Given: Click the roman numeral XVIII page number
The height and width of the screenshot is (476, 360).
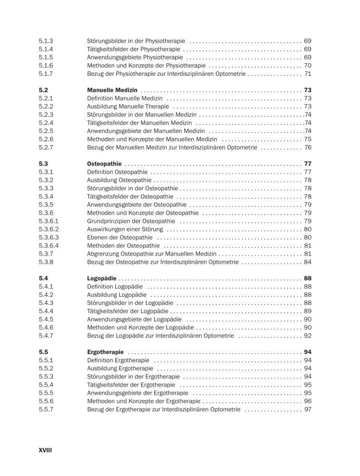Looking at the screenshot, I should [45, 449].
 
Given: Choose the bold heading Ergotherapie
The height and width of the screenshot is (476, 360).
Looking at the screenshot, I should [106, 352].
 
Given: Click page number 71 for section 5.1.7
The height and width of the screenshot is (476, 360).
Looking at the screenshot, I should [307, 74].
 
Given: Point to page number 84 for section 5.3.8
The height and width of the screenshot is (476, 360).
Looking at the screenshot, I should [307, 262].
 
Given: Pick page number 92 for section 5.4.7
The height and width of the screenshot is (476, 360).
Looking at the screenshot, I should [307, 336].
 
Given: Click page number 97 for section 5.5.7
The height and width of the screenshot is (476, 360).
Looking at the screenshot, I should [307, 409].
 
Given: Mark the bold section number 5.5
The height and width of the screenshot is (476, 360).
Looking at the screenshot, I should [43, 352].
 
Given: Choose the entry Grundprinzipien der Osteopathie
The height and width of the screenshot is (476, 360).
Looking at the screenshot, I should [131, 221].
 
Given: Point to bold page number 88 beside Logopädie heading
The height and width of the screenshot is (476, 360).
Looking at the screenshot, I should [307, 278].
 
